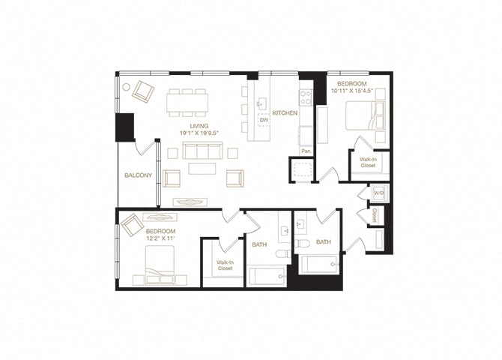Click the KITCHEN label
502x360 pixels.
point(285,112)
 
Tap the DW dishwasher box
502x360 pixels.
point(264,119)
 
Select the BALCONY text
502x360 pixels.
point(138,175)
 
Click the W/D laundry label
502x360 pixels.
point(378,193)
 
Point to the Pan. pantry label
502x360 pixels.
point(306,151)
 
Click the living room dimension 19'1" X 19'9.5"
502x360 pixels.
point(199,133)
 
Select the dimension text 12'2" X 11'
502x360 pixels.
point(160,238)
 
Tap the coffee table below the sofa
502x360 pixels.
point(202,169)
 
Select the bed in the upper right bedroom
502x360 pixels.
point(363,116)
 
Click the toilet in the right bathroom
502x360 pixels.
point(303,244)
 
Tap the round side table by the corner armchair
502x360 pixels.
point(126,85)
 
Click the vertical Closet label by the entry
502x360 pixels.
point(375,214)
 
